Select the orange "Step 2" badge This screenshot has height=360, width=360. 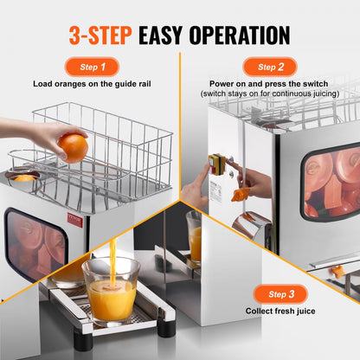269,66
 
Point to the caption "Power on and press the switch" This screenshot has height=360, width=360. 270,84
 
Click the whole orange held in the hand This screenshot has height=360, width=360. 73,146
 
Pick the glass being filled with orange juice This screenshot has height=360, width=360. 110,288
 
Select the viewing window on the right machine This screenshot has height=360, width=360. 331,182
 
